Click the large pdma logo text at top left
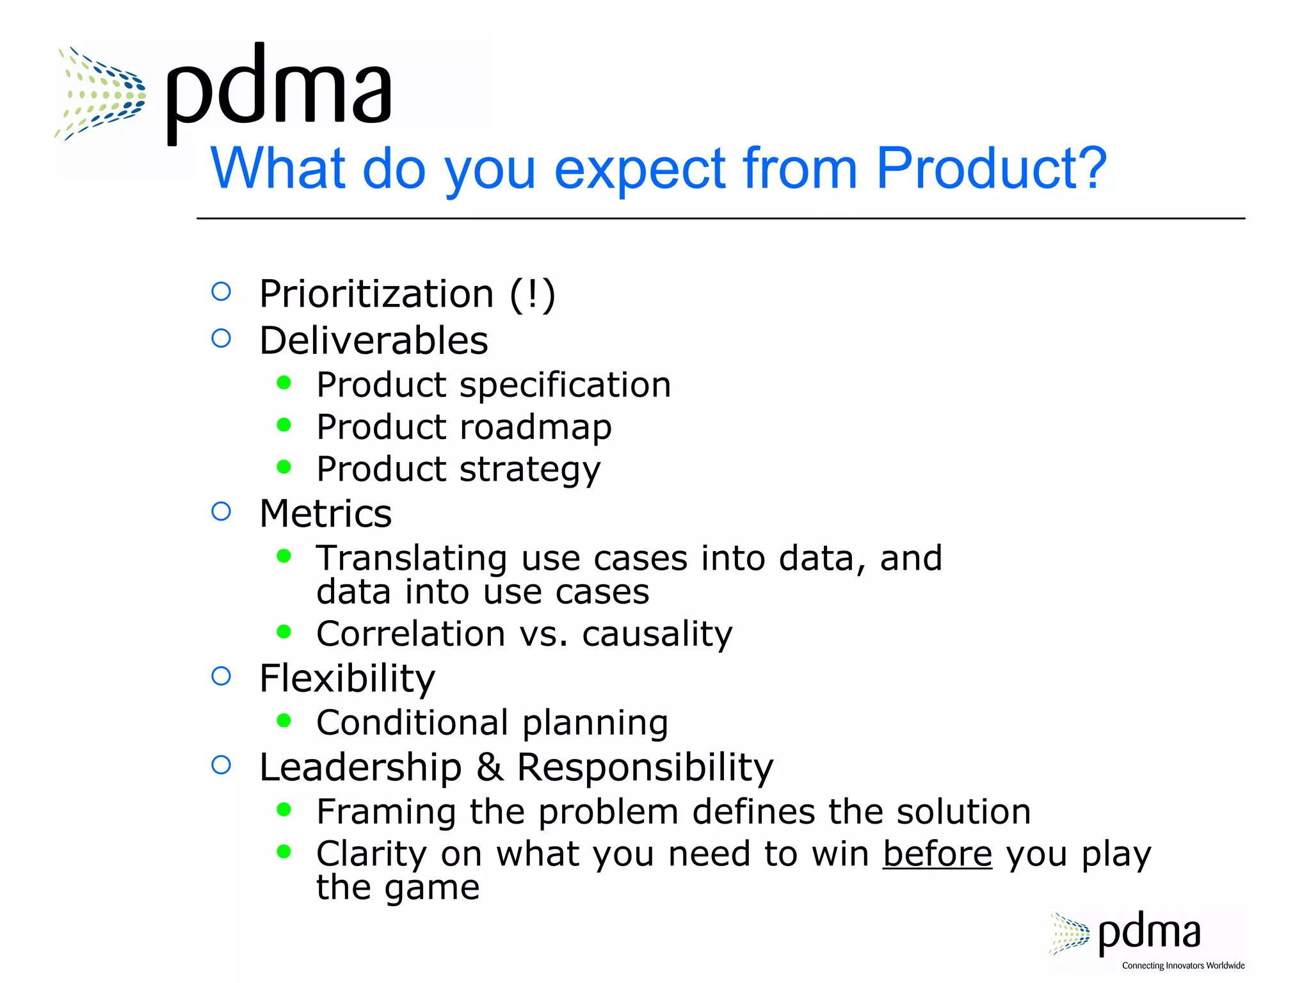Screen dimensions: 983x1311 pyautogui.click(x=278, y=90)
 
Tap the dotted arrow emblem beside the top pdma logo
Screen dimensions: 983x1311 pyautogui.click(x=101, y=93)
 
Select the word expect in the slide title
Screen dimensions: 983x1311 pyautogui.click(x=639, y=170)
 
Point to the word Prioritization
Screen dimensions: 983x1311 pyautogui.click(x=376, y=294)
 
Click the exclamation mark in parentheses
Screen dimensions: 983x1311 pyautogui.click(x=533, y=294)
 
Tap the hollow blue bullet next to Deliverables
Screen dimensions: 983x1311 pyautogui.click(x=221, y=338)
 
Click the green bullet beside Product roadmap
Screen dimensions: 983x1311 pyautogui.click(x=284, y=425)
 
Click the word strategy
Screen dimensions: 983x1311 pyautogui.click(x=530, y=470)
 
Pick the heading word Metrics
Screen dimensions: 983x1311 pyautogui.click(x=325, y=513)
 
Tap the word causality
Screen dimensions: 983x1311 pyautogui.click(x=657, y=634)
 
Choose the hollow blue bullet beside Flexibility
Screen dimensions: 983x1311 pyautogui.click(x=221, y=676)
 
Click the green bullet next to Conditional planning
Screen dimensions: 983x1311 pyautogui.click(x=284, y=721)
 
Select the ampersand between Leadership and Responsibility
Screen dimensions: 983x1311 pyautogui.click(x=489, y=767)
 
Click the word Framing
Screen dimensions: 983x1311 pyautogui.click(x=385, y=812)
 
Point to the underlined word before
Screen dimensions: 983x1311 pyautogui.click(x=937, y=854)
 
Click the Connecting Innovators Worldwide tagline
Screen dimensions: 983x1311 pyautogui.click(x=1183, y=966)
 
